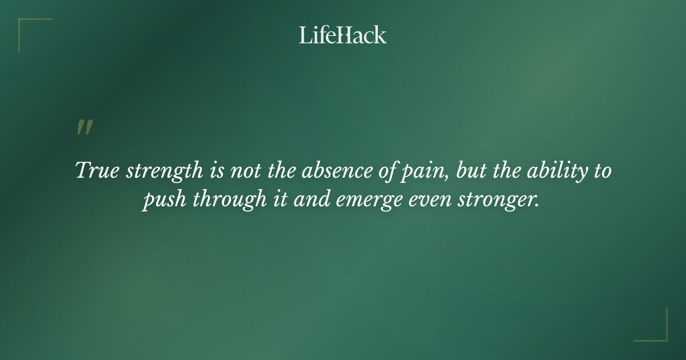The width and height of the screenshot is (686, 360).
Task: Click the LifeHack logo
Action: [343, 35]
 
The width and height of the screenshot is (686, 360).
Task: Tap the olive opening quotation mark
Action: [85, 127]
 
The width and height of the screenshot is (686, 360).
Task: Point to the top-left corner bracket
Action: [26, 26]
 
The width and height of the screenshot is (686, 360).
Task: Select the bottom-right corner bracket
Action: [660, 334]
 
